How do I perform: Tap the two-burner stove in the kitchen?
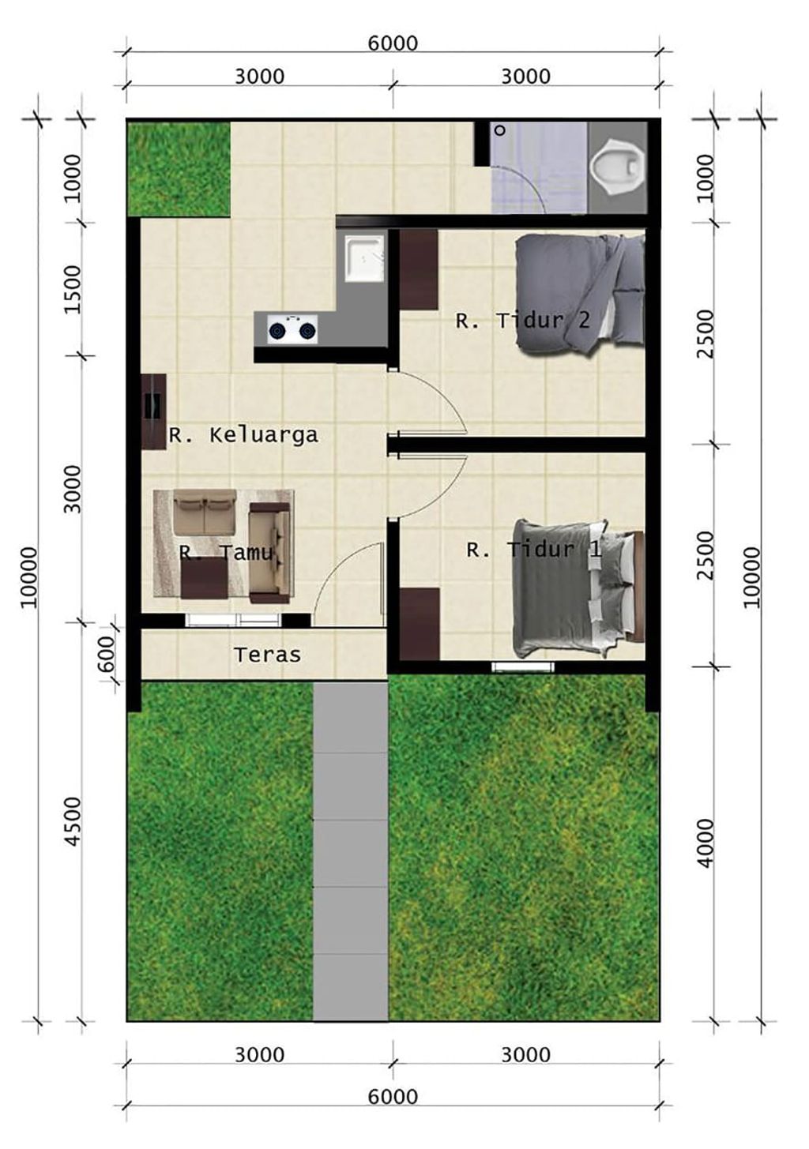(x=292, y=329)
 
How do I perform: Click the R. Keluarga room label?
(x=243, y=435)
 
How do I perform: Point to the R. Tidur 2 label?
(x=522, y=321)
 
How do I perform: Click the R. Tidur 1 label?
(x=533, y=550)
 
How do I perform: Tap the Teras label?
(x=267, y=655)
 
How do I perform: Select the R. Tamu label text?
(x=226, y=552)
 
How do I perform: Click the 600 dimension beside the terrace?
(x=107, y=653)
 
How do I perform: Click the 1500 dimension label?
(x=73, y=289)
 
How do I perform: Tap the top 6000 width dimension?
(x=393, y=43)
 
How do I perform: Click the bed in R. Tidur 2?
(x=580, y=294)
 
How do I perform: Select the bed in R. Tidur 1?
(x=578, y=589)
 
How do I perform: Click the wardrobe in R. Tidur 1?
(x=420, y=624)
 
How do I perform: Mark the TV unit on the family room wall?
(x=153, y=412)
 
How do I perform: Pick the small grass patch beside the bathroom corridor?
(x=179, y=169)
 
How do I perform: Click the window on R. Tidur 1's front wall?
(x=522, y=666)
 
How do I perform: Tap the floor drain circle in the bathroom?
(x=499, y=130)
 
